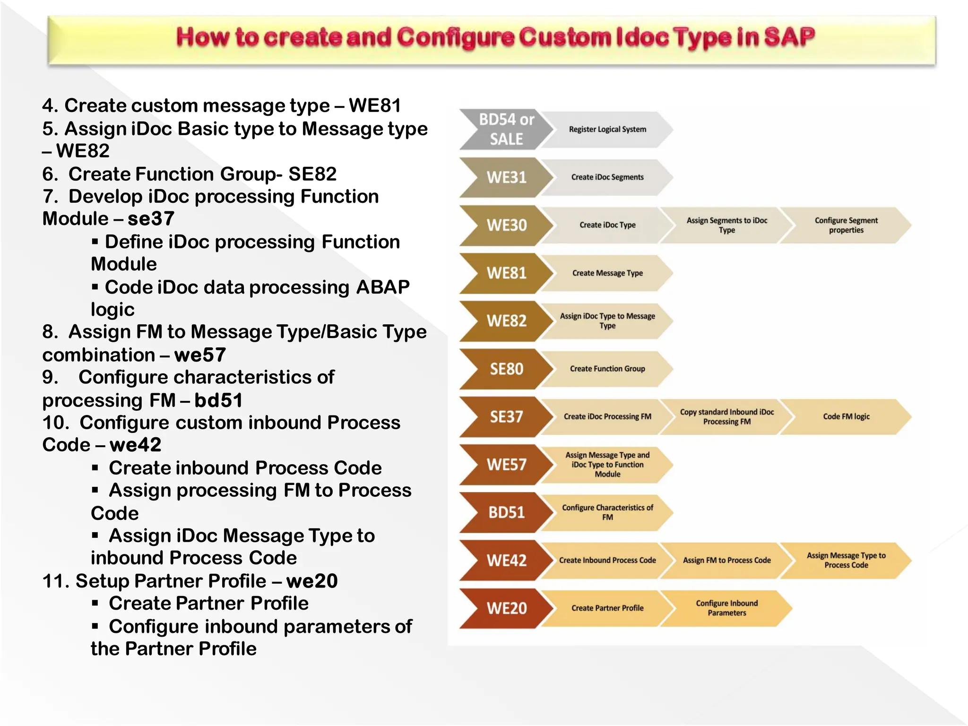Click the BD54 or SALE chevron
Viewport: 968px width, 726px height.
coord(506,129)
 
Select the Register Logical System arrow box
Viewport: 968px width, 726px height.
coord(607,130)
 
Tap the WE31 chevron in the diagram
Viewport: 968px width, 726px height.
coord(506,177)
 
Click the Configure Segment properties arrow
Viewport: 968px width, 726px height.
coord(846,225)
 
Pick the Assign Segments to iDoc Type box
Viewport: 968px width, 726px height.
coord(726,225)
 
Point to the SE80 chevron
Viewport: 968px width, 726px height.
coord(506,369)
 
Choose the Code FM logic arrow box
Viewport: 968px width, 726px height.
coord(846,416)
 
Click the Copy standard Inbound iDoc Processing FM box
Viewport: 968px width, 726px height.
coord(726,416)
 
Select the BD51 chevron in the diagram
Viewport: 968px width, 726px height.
coord(506,512)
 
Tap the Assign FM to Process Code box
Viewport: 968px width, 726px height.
coord(726,560)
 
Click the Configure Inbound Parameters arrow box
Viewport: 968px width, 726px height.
coord(726,608)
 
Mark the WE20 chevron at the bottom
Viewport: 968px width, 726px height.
coord(506,608)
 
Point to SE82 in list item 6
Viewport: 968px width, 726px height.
coord(312,174)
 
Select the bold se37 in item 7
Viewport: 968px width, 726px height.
coord(151,219)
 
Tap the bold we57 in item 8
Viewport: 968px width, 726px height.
coord(200,355)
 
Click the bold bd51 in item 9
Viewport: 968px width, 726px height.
coord(218,400)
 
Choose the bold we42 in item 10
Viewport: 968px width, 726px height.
coord(135,445)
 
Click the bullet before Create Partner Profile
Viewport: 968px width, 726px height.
coord(95,603)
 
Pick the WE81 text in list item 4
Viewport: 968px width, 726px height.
coord(375,105)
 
